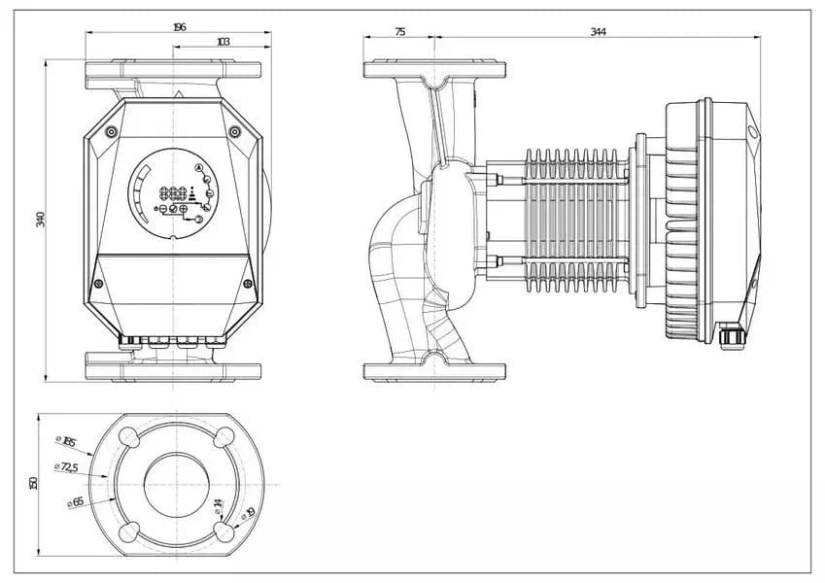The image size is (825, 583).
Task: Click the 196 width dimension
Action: pyautogui.click(x=179, y=27)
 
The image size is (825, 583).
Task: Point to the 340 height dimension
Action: pyautogui.click(x=41, y=219)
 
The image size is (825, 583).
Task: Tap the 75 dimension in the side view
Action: pyautogui.click(x=399, y=32)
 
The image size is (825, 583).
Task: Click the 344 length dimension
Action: pyautogui.click(x=598, y=32)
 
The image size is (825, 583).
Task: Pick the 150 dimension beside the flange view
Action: pyautogui.click(x=33, y=482)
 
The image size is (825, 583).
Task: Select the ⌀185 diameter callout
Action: pyautogui.click(x=68, y=443)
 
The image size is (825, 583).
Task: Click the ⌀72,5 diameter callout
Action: pyautogui.click(x=70, y=468)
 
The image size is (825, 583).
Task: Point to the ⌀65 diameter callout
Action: pyautogui.click(x=75, y=501)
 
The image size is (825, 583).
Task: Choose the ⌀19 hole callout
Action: pyautogui.click(x=249, y=512)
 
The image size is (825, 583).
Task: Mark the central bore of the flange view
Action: pyautogui.click(x=175, y=483)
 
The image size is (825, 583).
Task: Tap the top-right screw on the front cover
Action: pyautogui.click(x=233, y=131)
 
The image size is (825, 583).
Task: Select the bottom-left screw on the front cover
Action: pyautogui.click(x=98, y=283)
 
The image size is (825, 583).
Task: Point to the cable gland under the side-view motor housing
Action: pyautogui.click(x=735, y=335)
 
